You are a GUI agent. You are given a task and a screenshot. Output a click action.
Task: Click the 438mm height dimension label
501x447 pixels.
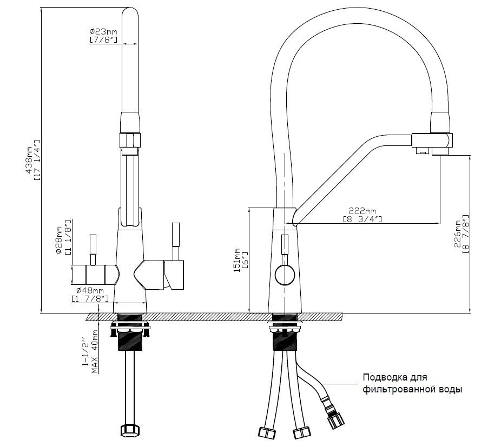pyautogui.click(x=29, y=161)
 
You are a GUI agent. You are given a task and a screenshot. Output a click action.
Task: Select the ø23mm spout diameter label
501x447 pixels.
pyautogui.click(x=103, y=32)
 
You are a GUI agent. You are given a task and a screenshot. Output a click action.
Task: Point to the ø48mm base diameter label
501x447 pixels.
pyautogui.click(x=90, y=291)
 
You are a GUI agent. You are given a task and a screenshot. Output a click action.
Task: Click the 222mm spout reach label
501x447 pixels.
pyautogui.click(x=362, y=211)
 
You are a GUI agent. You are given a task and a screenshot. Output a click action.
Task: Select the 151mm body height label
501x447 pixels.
pyautogui.click(x=237, y=260)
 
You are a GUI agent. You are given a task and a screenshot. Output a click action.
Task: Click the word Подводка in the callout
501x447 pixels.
pyautogui.click(x=384, y=377)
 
